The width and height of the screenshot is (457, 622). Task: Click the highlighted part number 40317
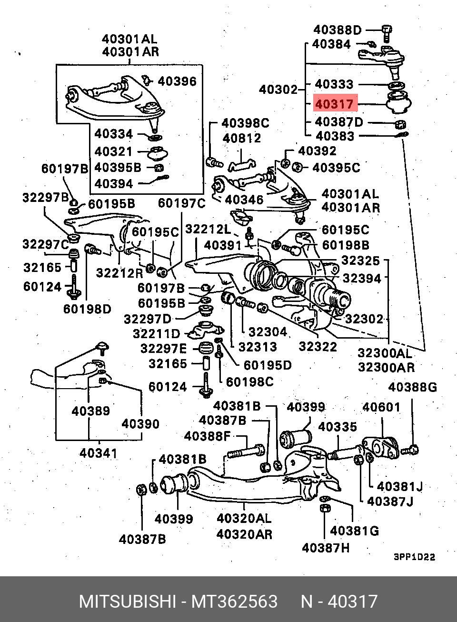click(x=335, y=104)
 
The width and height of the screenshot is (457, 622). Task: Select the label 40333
click(x=334, y=84)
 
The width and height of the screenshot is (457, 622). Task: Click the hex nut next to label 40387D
click(x=400, y=124)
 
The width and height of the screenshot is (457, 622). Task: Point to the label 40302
click(x=278, y=90)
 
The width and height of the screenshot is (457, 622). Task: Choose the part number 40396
click(x=177, y=81)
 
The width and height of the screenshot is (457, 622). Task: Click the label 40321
click(x=114, y=151)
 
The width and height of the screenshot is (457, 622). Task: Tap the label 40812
click(x=242, y=138)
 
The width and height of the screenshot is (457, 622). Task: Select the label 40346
click(x=244, y=200)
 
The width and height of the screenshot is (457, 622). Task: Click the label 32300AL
click(x=385, y=353)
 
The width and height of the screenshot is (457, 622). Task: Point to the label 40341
click(x=99, y=453)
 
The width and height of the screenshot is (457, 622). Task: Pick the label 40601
click(x=381, y=407)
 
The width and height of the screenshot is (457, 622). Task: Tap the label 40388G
click(x=413, y=387)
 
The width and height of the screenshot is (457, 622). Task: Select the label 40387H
click(x=326, y=548)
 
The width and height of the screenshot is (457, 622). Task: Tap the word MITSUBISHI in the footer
click(x=128, y=602)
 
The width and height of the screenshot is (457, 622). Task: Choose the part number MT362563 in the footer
click(x=235, y=602)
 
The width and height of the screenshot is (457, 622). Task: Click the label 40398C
click(x=246, y=123)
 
